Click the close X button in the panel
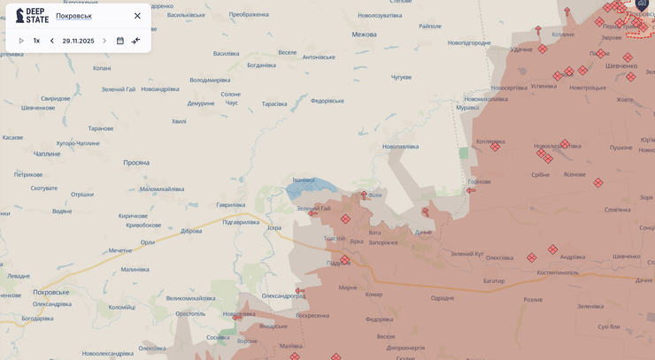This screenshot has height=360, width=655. [137, 16]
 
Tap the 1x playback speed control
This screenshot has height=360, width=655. [36, 41]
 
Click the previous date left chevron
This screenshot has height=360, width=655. [52, 41]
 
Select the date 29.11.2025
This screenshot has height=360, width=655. [78, 41]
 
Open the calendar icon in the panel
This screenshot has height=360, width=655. [120, 41]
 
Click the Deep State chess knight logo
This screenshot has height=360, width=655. [20, 15]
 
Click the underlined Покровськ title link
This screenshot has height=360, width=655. [73, 16]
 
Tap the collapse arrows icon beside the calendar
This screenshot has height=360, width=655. [136, 41]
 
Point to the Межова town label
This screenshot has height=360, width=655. [364, 34]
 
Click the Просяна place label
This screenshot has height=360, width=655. [136, 163]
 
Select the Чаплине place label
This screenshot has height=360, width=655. [47, 154]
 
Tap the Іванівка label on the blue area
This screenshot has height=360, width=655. [304, 180]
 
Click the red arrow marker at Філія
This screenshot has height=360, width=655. [364, 195]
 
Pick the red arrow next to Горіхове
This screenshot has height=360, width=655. [471, 190]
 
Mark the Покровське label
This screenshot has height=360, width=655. [50, 292]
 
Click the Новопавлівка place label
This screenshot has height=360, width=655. [400, 147]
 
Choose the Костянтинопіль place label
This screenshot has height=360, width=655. [558, 272]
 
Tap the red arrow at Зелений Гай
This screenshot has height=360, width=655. [312, 213]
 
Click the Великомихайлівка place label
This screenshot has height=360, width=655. [190, 298]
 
